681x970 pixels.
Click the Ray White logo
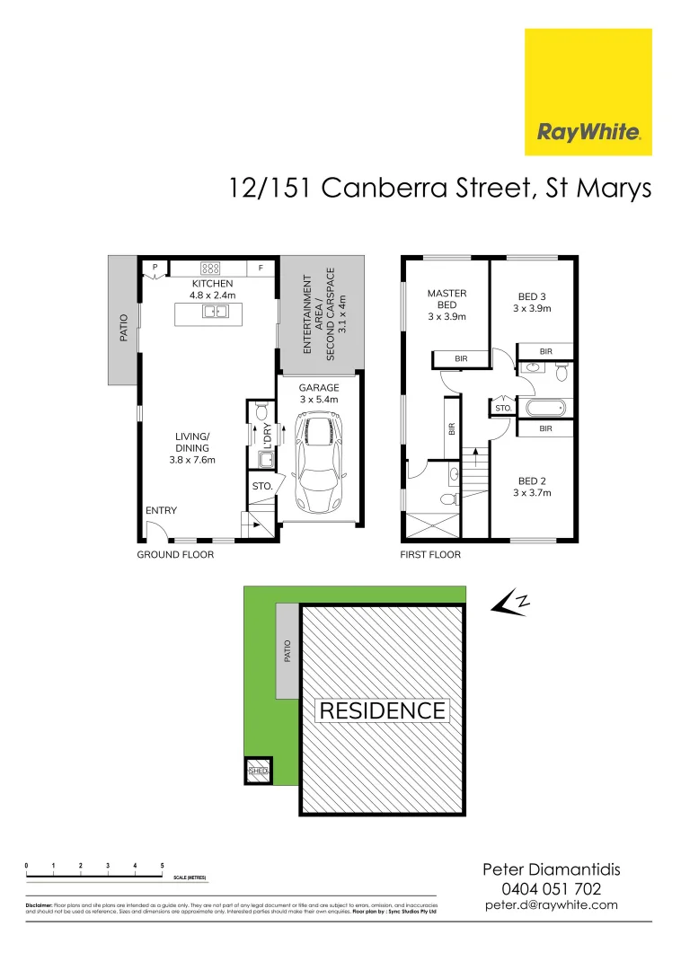(588, 92)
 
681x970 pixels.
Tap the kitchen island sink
(214, 312)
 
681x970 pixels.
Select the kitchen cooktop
(211, 268)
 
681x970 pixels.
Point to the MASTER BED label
(447, 304)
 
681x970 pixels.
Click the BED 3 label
(532, 303)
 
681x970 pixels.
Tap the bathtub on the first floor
(546, 409)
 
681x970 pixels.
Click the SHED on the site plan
(259, 771)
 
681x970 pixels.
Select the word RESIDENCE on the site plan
(383, 711)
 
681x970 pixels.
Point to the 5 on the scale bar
(162, 866)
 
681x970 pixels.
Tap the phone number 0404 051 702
(552, 888)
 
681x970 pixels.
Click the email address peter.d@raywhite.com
(552, 905)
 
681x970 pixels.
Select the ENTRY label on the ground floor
(161, 510)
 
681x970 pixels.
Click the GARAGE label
(319, 388)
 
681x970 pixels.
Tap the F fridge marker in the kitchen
(261, 268)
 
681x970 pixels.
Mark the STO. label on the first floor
(502, 409)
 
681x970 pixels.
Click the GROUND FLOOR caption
(175, 555)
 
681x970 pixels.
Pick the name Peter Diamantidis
(552, 869)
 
